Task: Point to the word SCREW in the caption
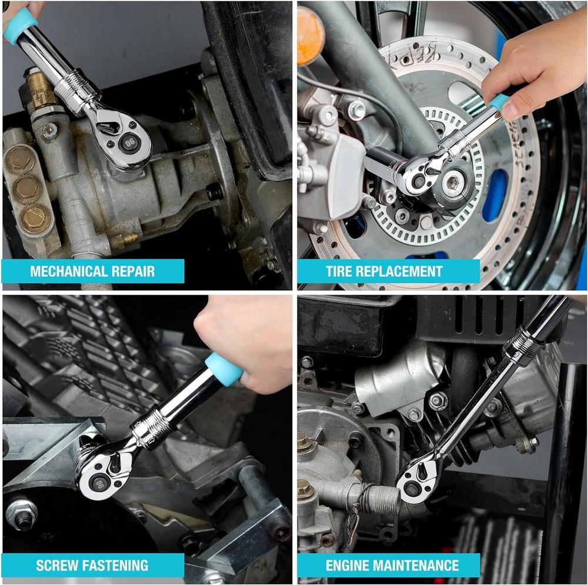[x=57, y=566]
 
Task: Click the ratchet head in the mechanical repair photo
[x=123, y=138]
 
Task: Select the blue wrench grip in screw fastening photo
[x=223, y=369]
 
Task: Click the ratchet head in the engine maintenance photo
[x=418, y=480]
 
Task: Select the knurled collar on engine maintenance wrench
[x=522, y=344]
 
